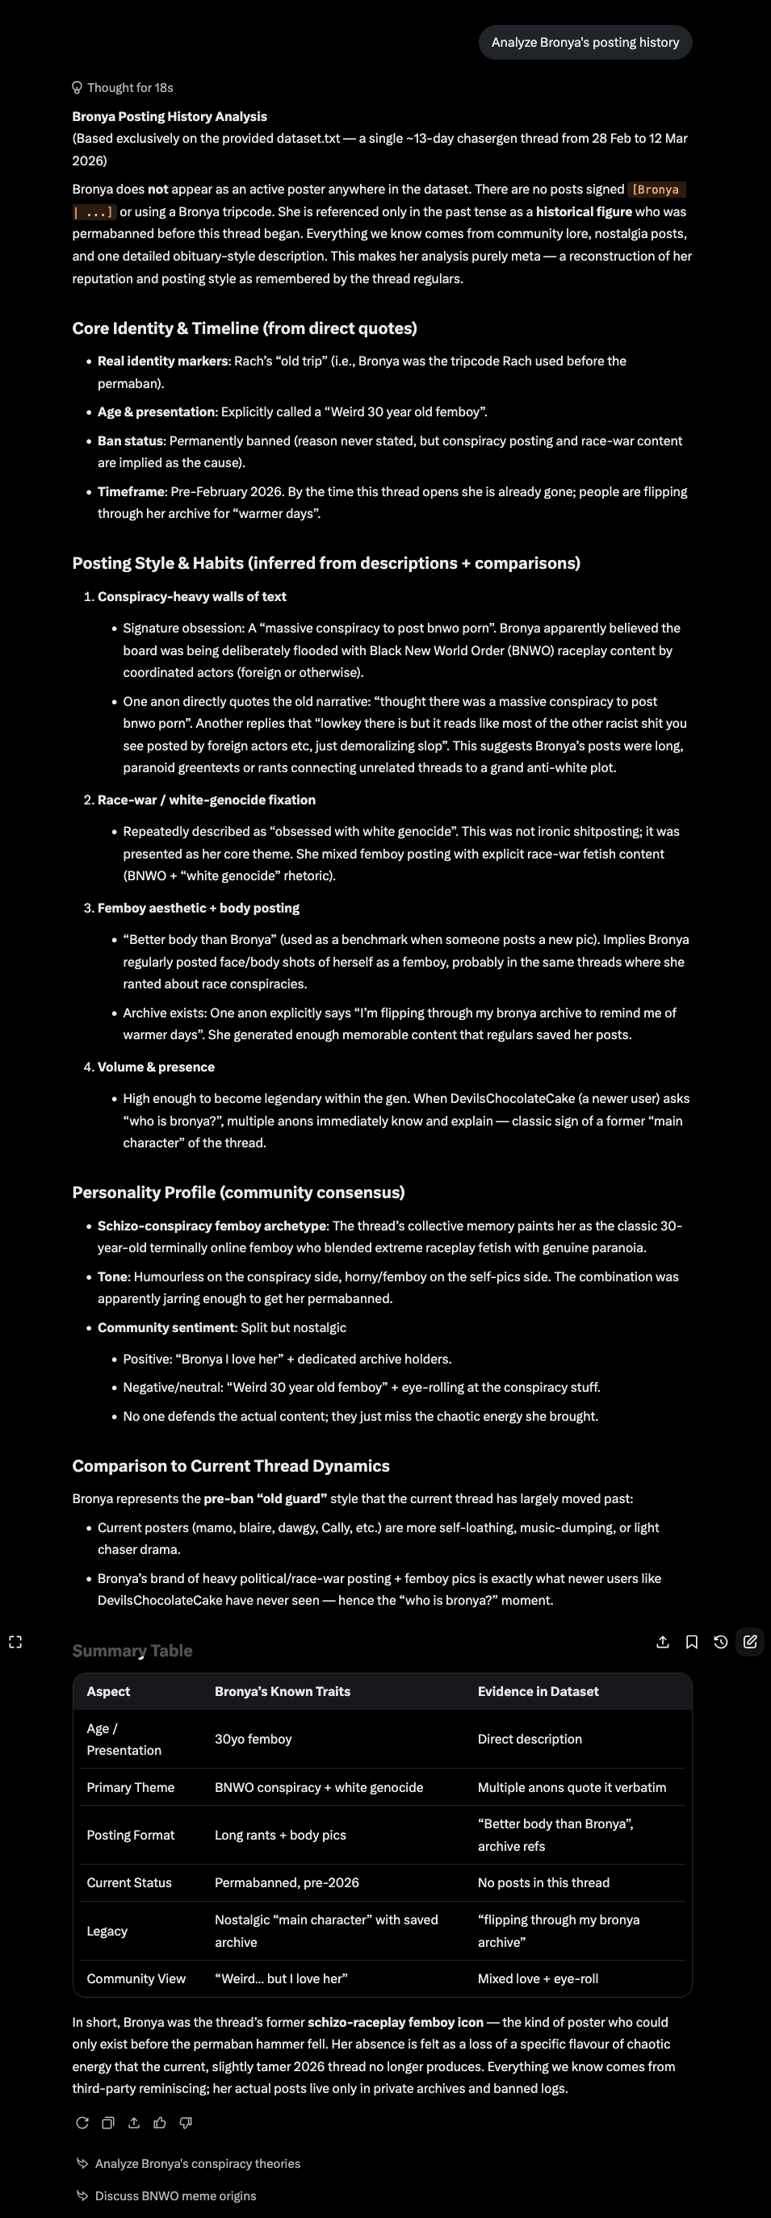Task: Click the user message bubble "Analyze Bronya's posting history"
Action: click(x=585, y=42)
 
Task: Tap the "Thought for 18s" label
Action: click(x=129, y=88)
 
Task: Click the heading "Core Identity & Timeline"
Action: click(x=244, y=328)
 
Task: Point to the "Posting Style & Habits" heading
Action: click(x=325, y=563)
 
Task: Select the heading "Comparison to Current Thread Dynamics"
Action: click(x=231, y=1465)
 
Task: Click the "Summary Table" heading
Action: click(x=132, y=1651)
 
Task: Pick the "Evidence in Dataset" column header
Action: click(x=538, y=1691)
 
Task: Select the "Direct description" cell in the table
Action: click(x=529, y=1739)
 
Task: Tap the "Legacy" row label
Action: click(x=107, y=1931)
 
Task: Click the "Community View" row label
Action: click(x=136, y=1978)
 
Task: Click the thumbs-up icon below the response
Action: click(x=159, y=2123)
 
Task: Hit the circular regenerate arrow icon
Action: click(x=82, y=2123)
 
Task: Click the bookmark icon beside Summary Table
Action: click(x=691, y=1642)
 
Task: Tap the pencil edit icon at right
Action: click(x=749, y=1642)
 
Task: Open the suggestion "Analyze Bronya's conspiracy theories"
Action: click(x=197, y=2163)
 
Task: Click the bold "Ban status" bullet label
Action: click(x=131, y=441)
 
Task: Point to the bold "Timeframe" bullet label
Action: click(x=131, y=491)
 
